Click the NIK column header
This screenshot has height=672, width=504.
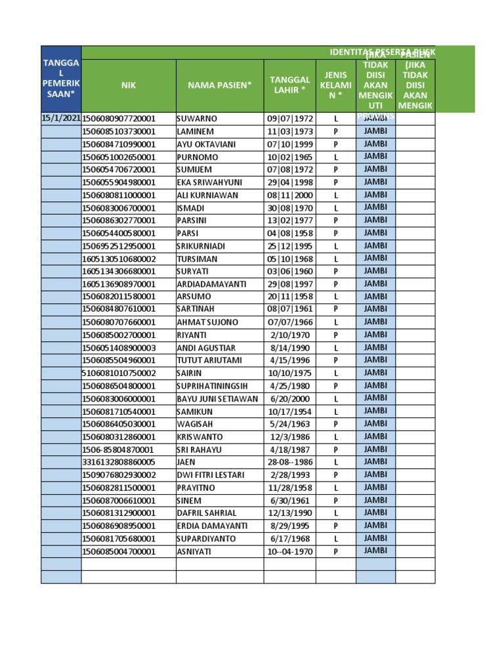(x=128, y=85)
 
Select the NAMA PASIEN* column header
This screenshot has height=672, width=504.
(x=220, y=85)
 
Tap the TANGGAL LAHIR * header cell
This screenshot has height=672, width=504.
(x=289, y=85)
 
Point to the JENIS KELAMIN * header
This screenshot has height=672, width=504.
(x=335, y=85)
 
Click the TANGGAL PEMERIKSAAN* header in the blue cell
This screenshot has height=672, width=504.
(x=61, y=78)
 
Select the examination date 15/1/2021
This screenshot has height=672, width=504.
(x=61, y=119)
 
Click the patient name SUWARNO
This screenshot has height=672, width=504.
(x=197, y=119)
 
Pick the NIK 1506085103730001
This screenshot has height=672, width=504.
(x=119, y=132)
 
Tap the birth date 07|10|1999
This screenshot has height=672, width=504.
(x=289, y=144)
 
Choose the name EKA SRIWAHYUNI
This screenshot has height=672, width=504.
(x=209, y=182)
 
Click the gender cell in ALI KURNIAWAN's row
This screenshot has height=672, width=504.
(x=335, y=195)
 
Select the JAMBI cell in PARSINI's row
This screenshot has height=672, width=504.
(x=375, y=220)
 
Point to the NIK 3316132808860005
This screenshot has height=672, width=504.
(x=119, y=462)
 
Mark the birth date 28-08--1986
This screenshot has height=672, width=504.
(x=289, y=462)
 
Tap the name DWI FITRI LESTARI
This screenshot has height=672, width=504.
(x=211, y=474)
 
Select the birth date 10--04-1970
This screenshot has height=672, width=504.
(x=289, y=551)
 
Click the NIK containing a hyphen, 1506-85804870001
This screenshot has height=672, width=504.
(x=118, y=450)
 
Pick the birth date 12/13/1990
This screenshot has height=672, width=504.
(x=289, y=513)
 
